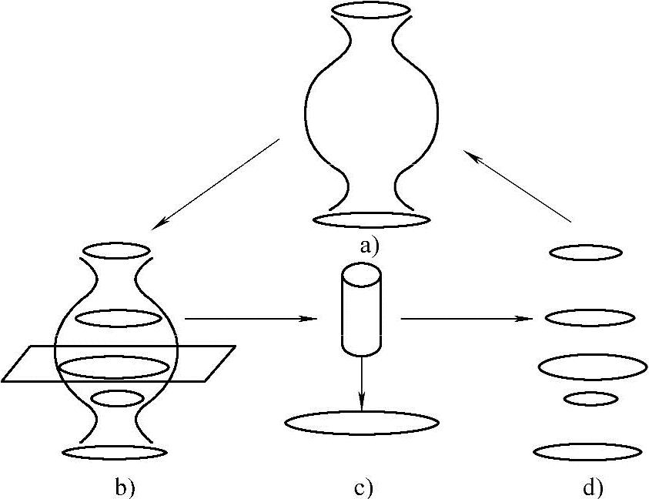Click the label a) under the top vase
click(370, 247)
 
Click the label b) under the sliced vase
click(125, 487)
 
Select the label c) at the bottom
click(363, 487)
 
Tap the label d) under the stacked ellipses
click(592, 487)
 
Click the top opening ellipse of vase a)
click(370, 10)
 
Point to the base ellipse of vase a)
click(371, 219)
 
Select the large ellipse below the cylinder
click(362, 423)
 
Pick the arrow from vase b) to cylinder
click(250, 318)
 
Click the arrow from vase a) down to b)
click(216, 184)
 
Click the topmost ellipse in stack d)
click(585, 253)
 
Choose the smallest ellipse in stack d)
click(590, 398)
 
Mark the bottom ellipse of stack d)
click(589, 452)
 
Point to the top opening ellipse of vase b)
click(115, 250)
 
